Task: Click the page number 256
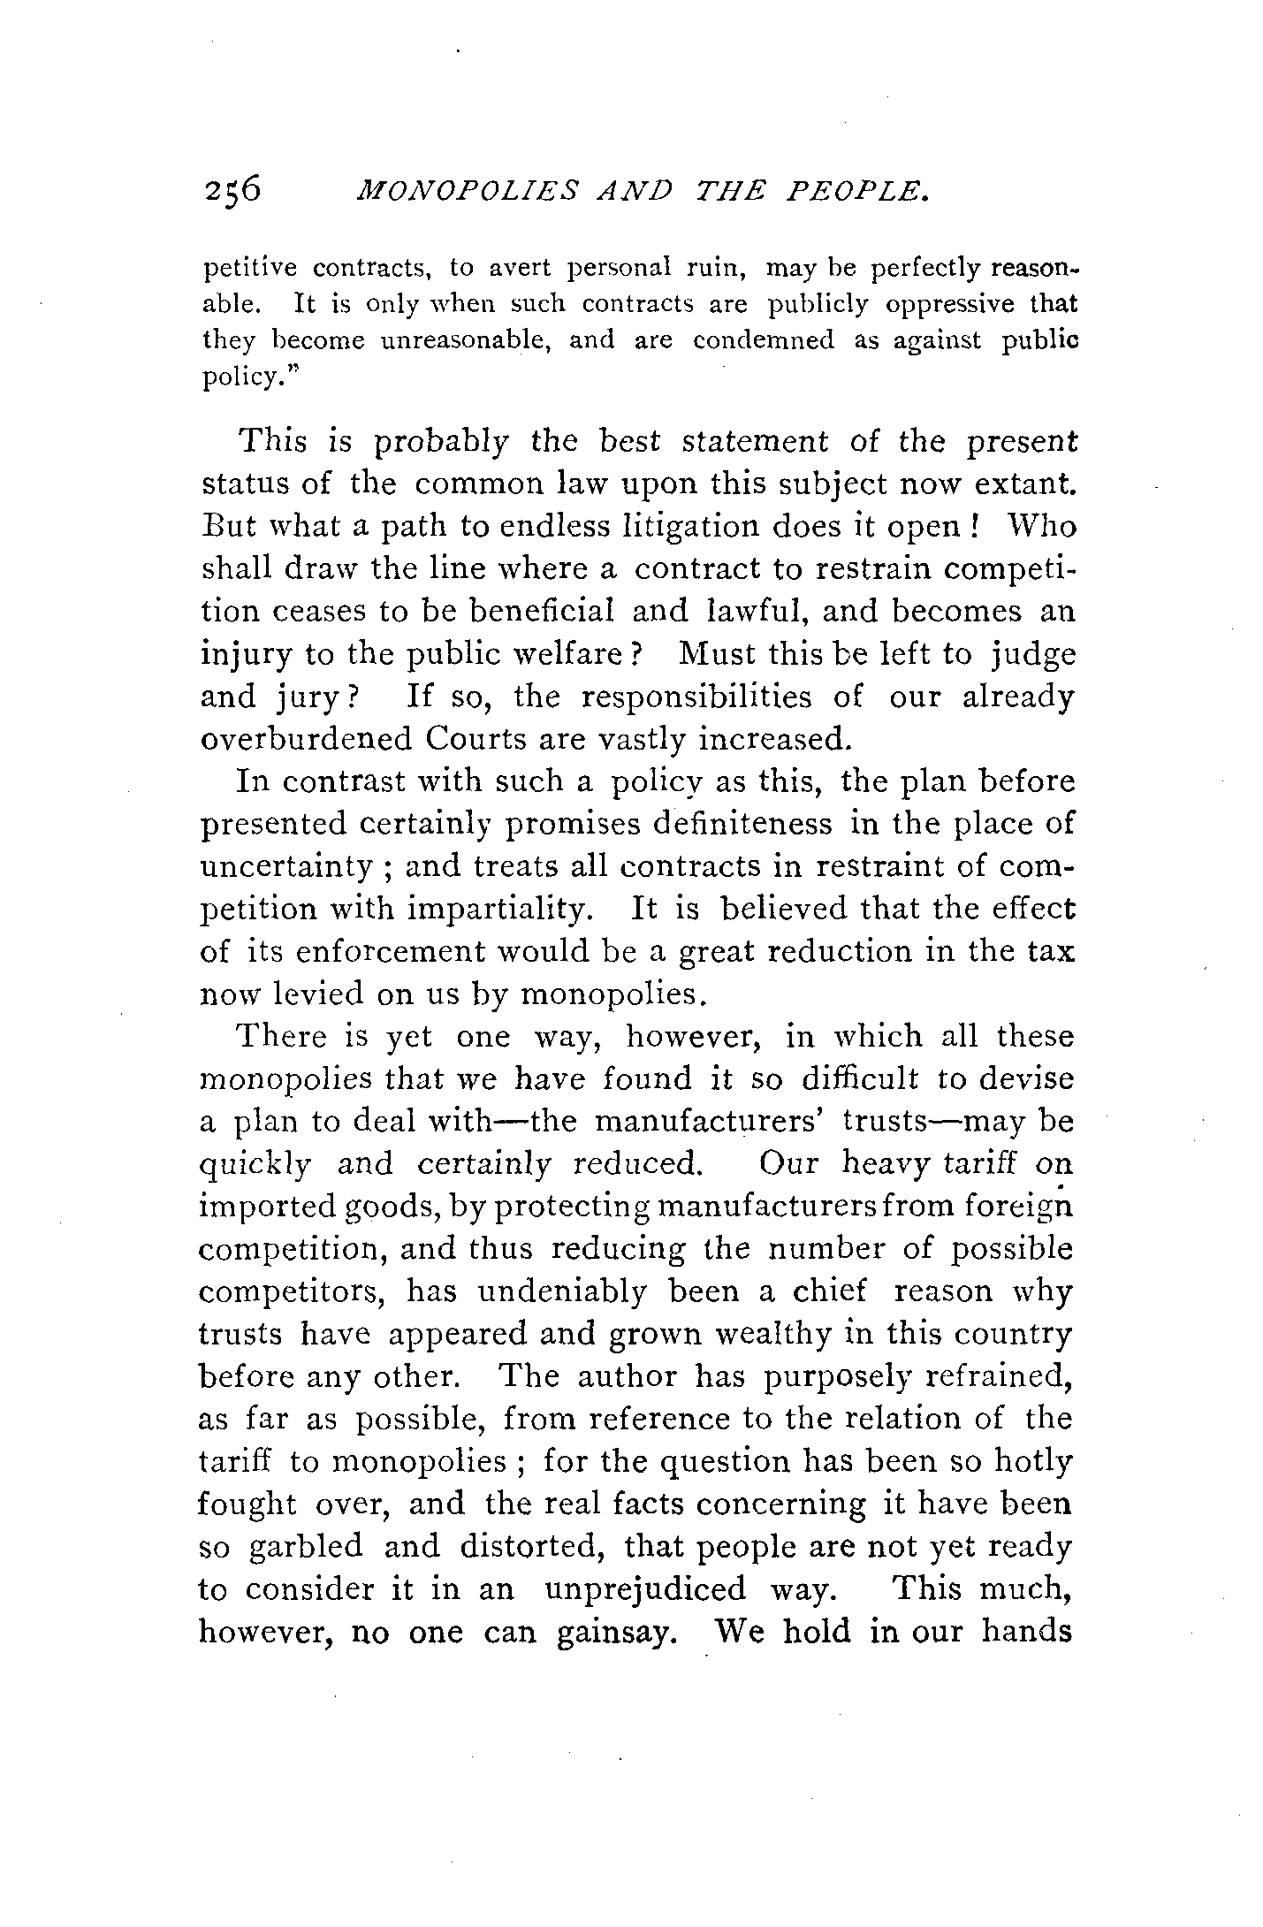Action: click(x=232, y=190)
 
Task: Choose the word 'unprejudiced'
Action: click(x=645, y=1589)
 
